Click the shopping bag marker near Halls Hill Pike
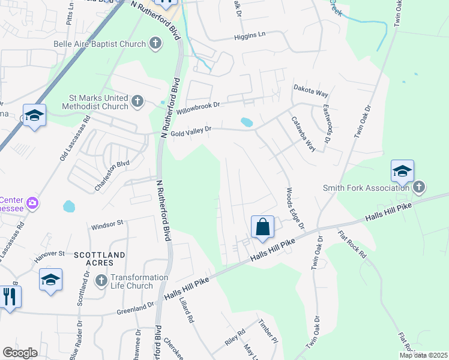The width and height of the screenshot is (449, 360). (262, 227)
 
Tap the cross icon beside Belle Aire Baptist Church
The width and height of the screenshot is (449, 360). (155, 43)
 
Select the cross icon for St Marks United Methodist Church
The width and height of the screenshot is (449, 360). (137, 101)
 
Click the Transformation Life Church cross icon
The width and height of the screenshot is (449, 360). (101, 280)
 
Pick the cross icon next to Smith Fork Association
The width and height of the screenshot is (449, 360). (419, 188)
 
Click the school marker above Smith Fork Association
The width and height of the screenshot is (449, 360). (402, 172)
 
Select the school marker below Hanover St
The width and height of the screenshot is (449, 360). (50, 280)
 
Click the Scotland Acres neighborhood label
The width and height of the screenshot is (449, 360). (99, 255)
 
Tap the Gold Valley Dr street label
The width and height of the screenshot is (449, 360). (191, 130)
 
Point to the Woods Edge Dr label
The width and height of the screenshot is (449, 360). (295, 208)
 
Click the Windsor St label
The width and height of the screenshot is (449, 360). (107, 224)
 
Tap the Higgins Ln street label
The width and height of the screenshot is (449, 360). (249, 35)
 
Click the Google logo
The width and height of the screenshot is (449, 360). (20, 353)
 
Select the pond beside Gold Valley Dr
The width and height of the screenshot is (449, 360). (246, 122)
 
